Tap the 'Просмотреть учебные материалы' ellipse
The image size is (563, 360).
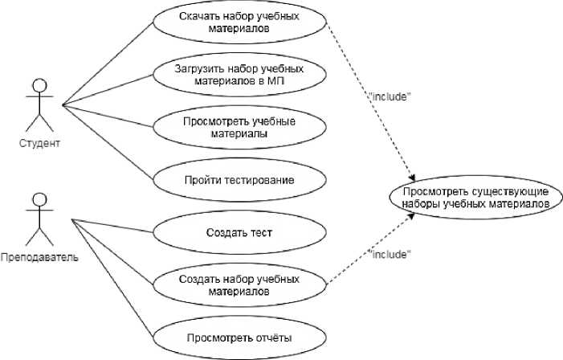pos(239,128)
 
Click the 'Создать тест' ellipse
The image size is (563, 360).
pos(239,233)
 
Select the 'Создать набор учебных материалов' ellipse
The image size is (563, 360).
pos(239,285)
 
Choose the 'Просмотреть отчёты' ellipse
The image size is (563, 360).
pos(239,337)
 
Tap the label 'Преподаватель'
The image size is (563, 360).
pos(39,258)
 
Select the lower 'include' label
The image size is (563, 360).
pos(390,254)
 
